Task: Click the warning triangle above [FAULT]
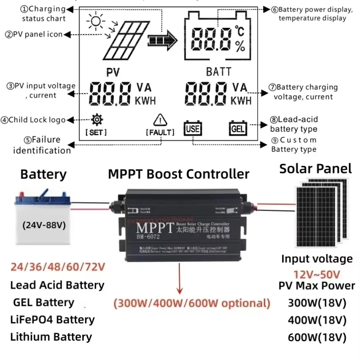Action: [160, 120]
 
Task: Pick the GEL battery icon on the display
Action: [237, 128]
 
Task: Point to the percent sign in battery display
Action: [240, 46]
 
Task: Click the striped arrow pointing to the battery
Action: [163, 41]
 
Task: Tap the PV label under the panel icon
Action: [113, 72]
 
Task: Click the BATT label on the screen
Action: [219, 72]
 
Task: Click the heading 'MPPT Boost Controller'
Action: [178, 174]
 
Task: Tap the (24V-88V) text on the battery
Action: [43, 224]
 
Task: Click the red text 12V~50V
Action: [317, 274]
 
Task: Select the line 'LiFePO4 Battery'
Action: [52, 319]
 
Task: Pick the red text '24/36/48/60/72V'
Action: [56, 267]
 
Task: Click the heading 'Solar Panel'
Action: [315, 168]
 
